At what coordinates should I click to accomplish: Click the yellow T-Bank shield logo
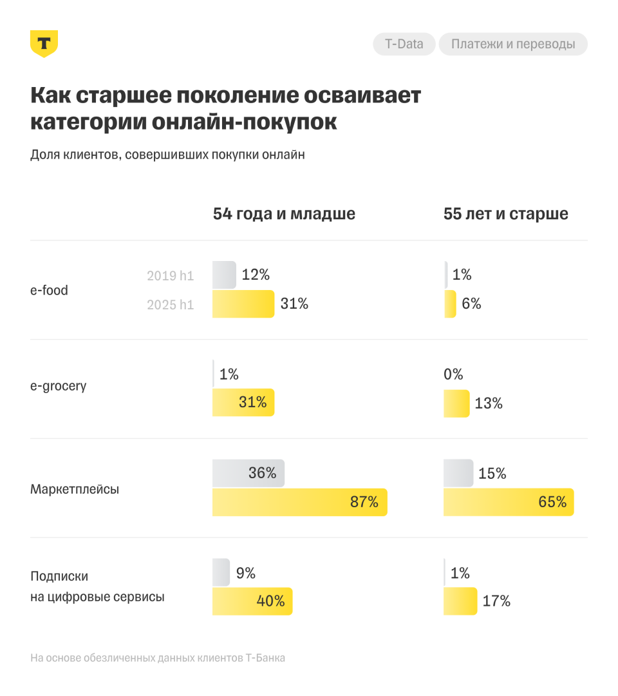[44, 43]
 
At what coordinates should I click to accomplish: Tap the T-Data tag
[404, 44]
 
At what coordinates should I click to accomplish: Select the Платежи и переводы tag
[513, 44]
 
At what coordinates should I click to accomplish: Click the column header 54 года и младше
[284, 214]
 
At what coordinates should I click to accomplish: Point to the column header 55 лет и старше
[506, 214]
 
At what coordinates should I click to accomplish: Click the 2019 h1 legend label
[170, 276]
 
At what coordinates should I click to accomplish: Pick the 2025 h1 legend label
[170, 305]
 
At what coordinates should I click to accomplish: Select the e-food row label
[49, 290]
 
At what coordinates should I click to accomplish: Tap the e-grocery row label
[58, 387]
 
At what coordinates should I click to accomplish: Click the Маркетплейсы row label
[75, 489]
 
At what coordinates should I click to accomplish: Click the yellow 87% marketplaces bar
[299, 502]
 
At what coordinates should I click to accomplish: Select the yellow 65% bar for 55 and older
[508, 502]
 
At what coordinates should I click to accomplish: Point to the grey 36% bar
[248, 473]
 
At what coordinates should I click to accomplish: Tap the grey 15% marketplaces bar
[458, 473]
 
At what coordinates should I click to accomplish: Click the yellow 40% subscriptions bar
[252, 601]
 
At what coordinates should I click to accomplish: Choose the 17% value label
[496, 601]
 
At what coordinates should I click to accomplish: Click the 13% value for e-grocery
[489, 403]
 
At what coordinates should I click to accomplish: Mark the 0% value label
[453, 374]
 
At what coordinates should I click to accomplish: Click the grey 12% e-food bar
[224, 275]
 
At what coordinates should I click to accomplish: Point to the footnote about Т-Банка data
[158, 658]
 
